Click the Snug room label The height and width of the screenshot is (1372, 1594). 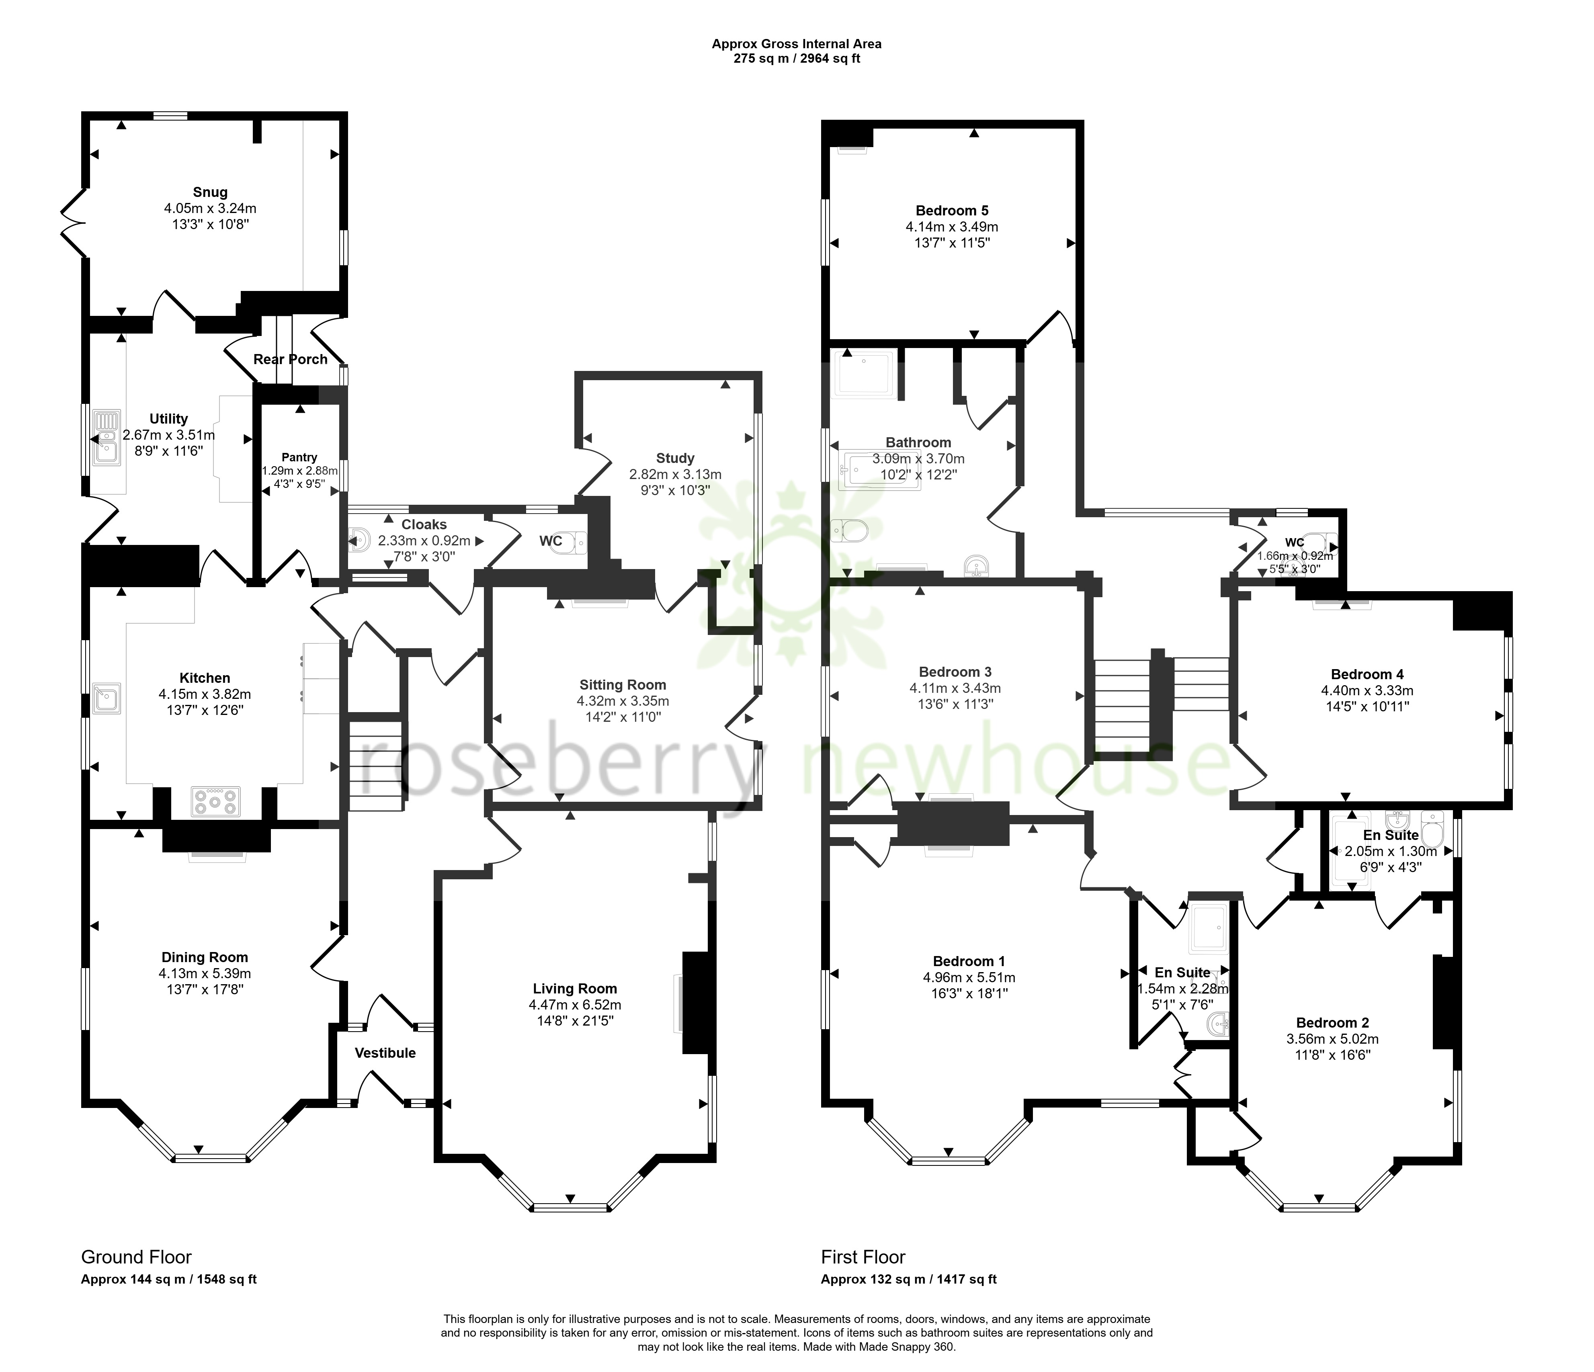(x=210, y=192)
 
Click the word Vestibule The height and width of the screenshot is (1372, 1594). (x=385, y=1053)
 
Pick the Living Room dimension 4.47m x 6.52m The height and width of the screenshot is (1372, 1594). (x=575, y=1004)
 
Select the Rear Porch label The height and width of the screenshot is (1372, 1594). (x=291, y=359)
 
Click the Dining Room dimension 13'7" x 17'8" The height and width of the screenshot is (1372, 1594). (x=205, y=989)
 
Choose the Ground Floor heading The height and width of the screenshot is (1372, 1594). (x=136, y=1257)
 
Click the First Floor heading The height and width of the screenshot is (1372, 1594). (x=863, y=1257)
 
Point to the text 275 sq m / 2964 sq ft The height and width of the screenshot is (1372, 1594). (x=796, y=58)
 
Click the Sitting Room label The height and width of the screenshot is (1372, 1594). (x=623, y=684)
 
